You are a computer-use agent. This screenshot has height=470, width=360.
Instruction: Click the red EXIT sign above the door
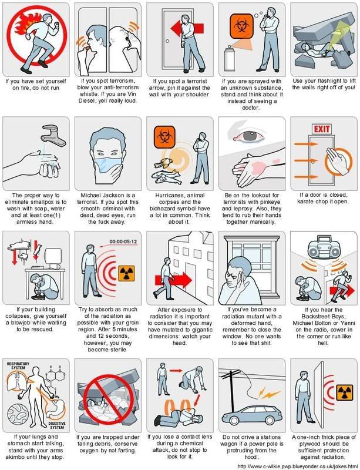tap(322, 129)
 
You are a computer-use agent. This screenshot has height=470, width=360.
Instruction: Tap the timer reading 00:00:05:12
tap(123, 241)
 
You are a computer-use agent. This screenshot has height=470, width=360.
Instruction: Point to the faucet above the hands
tap(53, 135)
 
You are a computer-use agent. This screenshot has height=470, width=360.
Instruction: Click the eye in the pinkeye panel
tap(250, 136)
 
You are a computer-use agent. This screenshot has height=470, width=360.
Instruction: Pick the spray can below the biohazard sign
tap(230, 59)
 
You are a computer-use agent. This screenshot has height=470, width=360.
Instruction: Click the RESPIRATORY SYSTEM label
tap(18, 365)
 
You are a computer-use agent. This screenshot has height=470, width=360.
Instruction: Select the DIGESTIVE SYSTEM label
tap(56, 425)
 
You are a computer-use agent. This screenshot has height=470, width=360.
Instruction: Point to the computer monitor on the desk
tap(53, 258)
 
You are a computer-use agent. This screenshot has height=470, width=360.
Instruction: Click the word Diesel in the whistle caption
tap(87, 101)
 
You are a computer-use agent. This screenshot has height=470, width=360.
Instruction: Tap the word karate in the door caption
tap(305, 202)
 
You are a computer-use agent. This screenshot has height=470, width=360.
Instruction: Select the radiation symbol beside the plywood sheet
tap(345, 392)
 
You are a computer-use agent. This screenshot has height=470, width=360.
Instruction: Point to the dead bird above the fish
tap(164, 163)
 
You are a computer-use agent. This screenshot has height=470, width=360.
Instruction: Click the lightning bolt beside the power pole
tap(268, 392)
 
